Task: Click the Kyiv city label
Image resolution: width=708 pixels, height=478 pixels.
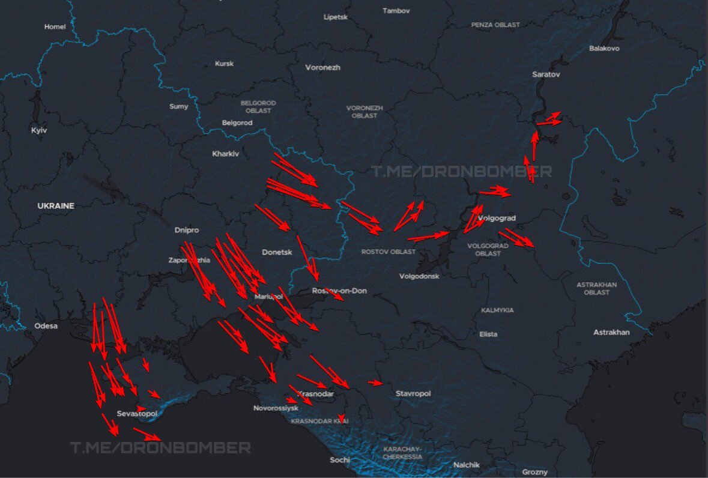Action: pos(39,130)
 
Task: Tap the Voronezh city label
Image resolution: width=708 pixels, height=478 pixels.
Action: pos(322,67)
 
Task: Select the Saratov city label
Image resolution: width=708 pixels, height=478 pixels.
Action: pos(546,74)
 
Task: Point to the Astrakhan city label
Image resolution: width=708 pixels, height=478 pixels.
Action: pos(611,332)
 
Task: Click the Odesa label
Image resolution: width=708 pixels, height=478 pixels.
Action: pos(46,326)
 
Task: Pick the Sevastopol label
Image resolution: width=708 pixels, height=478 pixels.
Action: pos(137,414)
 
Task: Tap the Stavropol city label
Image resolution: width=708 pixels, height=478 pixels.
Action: pos(413,393)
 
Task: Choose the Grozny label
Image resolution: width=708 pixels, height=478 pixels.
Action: pos(534,472)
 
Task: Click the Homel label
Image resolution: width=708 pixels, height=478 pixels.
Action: pos(55,26)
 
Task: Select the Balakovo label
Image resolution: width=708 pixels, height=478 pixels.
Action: pos(604,48)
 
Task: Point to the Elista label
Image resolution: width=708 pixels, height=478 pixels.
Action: pos(488,334)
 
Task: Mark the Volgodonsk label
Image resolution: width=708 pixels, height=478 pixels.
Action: pos(419,276)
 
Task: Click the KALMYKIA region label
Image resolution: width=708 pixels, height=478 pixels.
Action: pos(497,310)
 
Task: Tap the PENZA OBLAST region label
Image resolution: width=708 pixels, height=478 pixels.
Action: pos(495,25)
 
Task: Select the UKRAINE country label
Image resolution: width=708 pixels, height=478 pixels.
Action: pos(56,206)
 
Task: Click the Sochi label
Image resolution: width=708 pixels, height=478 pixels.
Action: pos(339,460)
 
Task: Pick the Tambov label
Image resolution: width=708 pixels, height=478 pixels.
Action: pos(396,11)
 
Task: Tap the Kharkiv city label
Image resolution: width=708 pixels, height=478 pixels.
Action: pos(225,154)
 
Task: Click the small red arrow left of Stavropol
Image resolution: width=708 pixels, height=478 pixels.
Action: pos(375,383)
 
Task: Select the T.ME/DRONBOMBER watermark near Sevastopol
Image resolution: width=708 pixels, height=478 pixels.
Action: pos(160,448)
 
